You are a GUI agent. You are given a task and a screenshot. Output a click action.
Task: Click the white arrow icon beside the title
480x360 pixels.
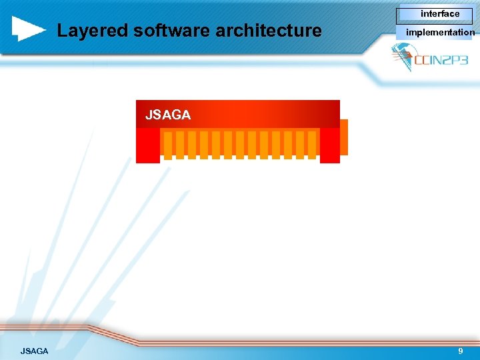[x=28, y=29]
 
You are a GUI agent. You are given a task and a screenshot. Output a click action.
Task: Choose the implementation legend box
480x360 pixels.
[x=439, y=32]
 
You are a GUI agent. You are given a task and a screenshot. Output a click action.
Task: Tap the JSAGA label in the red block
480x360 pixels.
[x=168, y=115]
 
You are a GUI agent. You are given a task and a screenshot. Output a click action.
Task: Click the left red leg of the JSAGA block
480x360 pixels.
[x=148, y=145]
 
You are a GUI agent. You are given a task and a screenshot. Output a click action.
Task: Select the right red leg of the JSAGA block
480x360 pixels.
[x=329, y=145]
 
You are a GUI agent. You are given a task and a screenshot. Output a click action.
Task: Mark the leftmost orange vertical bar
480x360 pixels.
[x=168, y=145]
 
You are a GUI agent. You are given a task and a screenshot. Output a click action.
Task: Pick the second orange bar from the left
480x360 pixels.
[x=180, y=145]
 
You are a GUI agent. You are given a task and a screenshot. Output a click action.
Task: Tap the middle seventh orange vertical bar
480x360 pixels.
[x=240, y=145]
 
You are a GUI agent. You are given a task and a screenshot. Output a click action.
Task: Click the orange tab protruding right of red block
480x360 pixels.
[x=344, y=137]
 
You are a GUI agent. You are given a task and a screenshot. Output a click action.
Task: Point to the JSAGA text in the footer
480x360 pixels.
[x=34, y=351]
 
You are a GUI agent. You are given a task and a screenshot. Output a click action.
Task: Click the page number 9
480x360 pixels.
[x=460, y=351]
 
